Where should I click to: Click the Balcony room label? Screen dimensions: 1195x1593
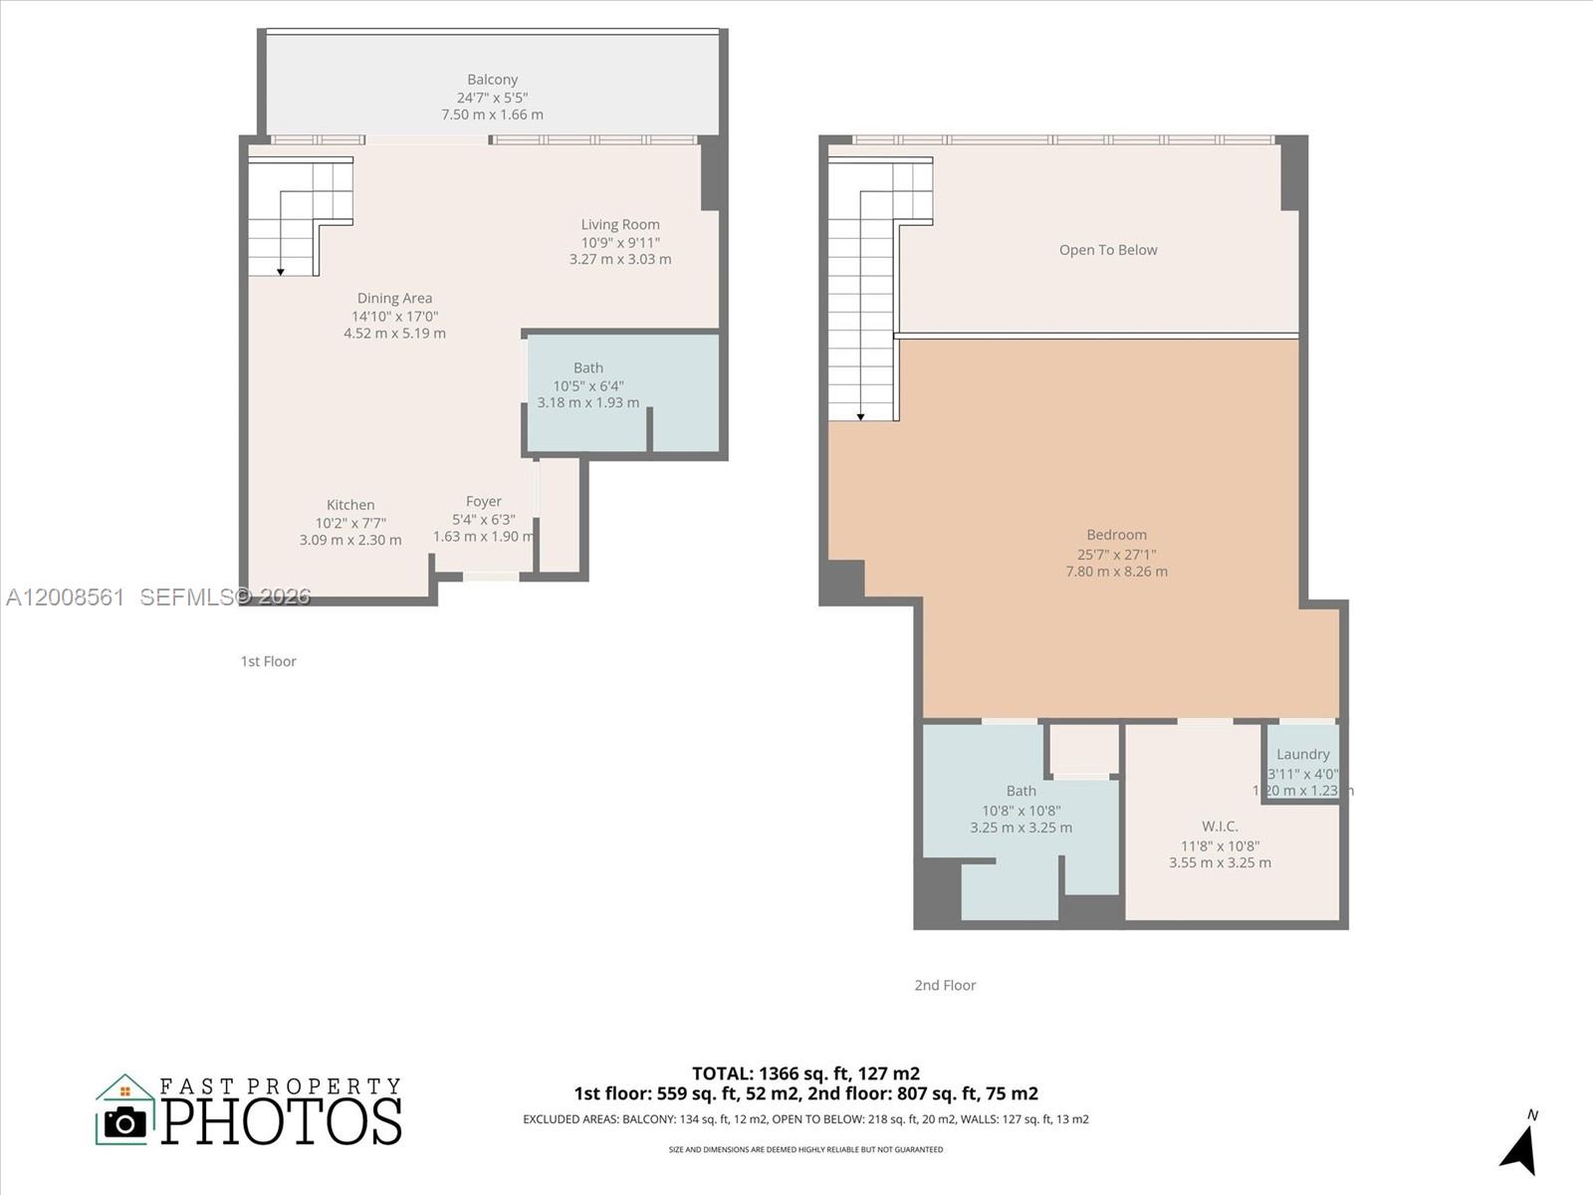[x=492, y=80]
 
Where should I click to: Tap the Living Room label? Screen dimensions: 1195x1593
[x=620, y=225]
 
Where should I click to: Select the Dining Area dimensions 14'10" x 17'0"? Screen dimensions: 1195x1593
[x=394, y=316]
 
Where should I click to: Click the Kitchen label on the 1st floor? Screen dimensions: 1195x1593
[x=350, y=505]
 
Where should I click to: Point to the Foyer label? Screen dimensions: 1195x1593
[x=484, y=502]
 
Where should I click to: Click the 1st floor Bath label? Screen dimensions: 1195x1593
[x=587, y=368]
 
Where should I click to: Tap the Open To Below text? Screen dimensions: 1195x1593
[x=1108, y=250]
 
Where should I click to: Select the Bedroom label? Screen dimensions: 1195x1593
[x=1116, y=535]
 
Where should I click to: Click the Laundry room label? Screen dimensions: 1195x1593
[x=1302, y=755]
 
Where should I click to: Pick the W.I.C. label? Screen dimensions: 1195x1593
[x=1220, y=827]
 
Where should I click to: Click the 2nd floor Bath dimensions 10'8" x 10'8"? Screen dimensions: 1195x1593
[x=1021, y=811]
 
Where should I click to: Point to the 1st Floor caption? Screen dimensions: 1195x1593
[x=268, y=661]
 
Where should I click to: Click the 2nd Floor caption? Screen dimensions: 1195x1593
[x=945, y=985]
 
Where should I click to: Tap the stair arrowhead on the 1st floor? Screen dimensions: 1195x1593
[x=281, y=271]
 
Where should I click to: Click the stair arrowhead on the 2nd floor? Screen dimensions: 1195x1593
[x=861, y=416]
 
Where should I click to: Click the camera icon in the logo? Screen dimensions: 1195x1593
[x=125, y=1122]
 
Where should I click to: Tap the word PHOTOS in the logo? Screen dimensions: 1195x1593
[x=282, y=1120]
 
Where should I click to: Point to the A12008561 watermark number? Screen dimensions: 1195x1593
[x=66, y=597]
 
